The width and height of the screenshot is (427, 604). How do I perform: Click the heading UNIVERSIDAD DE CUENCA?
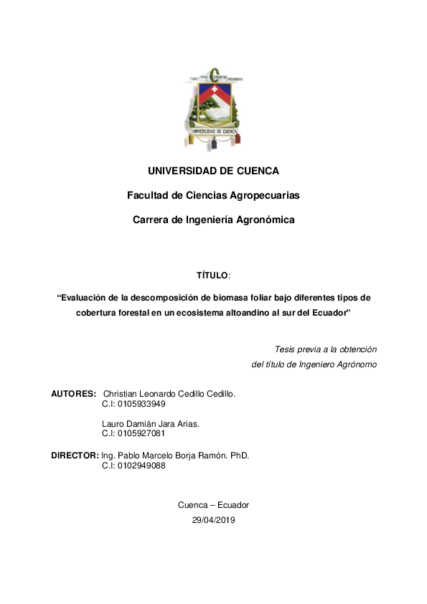[213, 171]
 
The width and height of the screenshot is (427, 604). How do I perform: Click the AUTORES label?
[73, 394]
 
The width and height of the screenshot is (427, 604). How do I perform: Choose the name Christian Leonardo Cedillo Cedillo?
[169, 394]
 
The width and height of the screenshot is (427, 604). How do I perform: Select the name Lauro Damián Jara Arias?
[151, 424]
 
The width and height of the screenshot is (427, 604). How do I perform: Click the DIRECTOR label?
[75, 456]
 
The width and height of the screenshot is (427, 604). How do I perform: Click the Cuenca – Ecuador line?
[213, 505]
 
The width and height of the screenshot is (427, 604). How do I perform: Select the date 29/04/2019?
[213, 520]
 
